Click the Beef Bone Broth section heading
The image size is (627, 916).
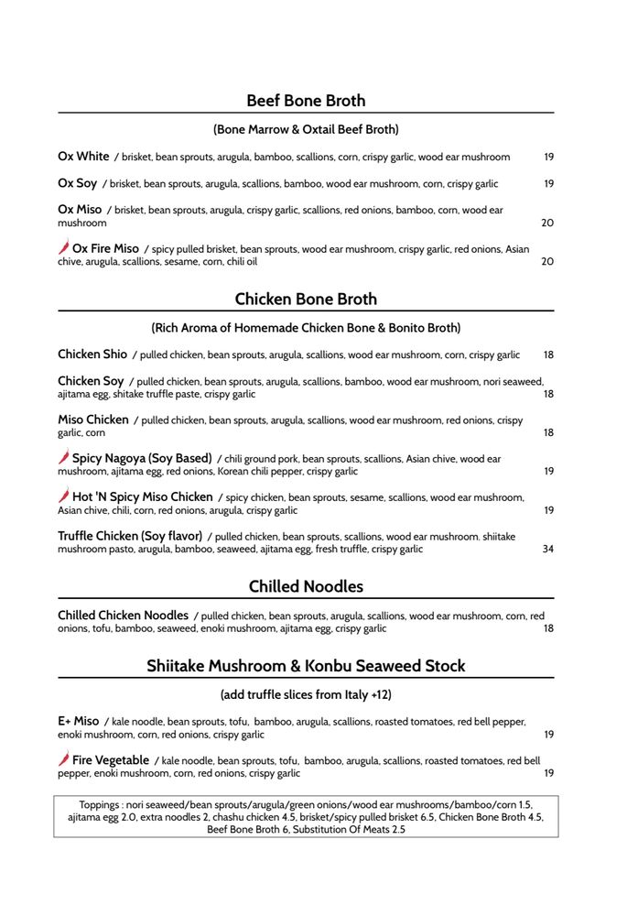[x=306, y=101]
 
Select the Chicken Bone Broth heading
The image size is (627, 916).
[x=306, y=299]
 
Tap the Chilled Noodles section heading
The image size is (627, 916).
[x=306, y=586]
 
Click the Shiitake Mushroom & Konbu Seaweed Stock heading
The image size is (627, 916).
[x=306, y=666]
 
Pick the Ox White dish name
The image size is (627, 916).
[x=83, y=157]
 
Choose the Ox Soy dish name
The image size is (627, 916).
[x=77, y=183]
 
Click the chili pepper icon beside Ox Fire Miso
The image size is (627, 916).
[x=63, y=248]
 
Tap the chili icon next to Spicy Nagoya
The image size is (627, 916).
[x=63, y=458]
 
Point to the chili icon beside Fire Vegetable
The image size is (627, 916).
[x=63, y=760]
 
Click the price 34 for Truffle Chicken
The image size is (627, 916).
[x=548, y=550]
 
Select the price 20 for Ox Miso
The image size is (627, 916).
[x=548, y=223]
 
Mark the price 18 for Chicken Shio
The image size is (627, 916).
[x=548, y=355]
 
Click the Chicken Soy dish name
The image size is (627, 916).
[x=91, y=381]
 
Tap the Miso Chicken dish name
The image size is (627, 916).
[x=93, y=420]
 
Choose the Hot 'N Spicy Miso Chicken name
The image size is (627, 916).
[x=142, y=497]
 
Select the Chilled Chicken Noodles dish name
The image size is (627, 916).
[x=123, y=616]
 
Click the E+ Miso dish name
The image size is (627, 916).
[x=78, y=721]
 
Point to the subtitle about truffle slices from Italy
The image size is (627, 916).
[x=306, y=694]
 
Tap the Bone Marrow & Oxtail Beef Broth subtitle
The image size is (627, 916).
[x=306, y=129]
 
